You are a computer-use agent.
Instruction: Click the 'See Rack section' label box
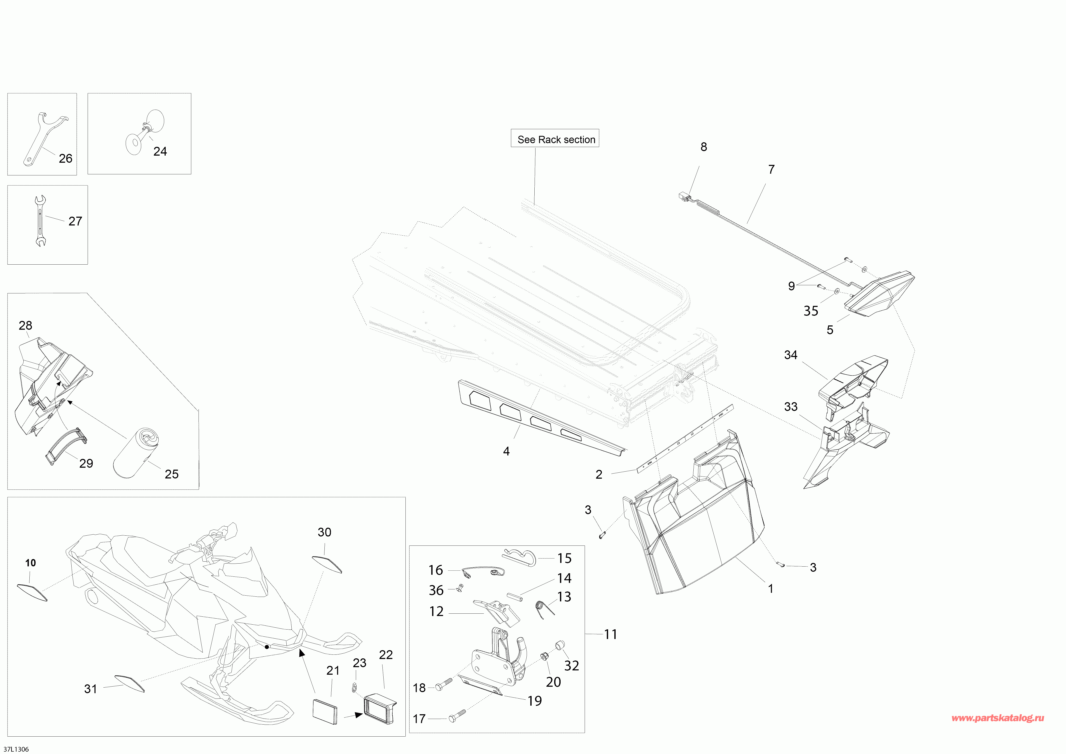[555, 138]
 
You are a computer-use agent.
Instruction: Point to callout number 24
[160, 151]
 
